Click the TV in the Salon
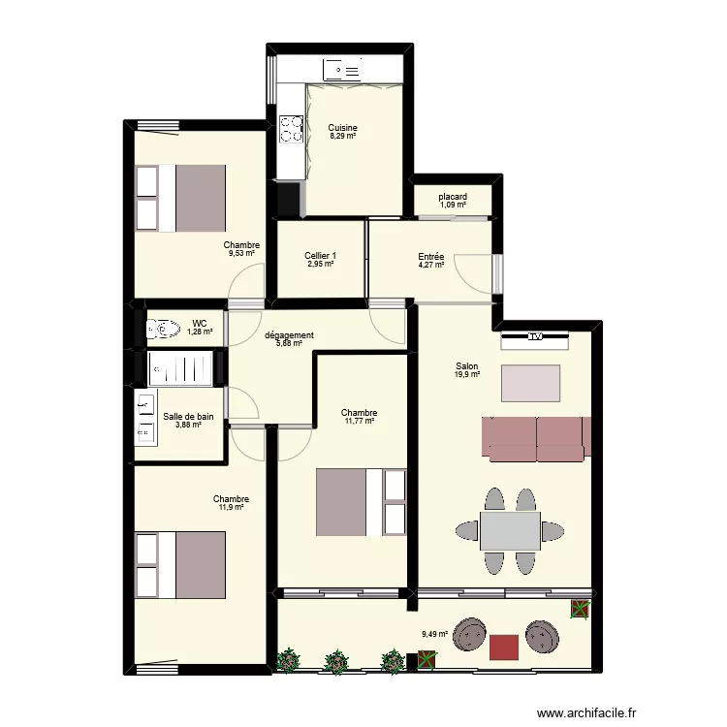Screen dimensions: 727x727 coord(534,338)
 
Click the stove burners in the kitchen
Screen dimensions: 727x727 coord(290,128)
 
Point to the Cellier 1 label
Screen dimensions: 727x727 coord(320,256)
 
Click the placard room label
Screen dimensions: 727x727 coord(453,197)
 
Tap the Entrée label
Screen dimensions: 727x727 coord(431,256)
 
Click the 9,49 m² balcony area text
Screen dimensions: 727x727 coord(435,636)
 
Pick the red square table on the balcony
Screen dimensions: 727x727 coord(504,647)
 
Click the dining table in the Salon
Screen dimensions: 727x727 coord(511,530)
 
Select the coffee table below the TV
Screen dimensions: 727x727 coord(530,383)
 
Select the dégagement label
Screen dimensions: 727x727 coord(289,336)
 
